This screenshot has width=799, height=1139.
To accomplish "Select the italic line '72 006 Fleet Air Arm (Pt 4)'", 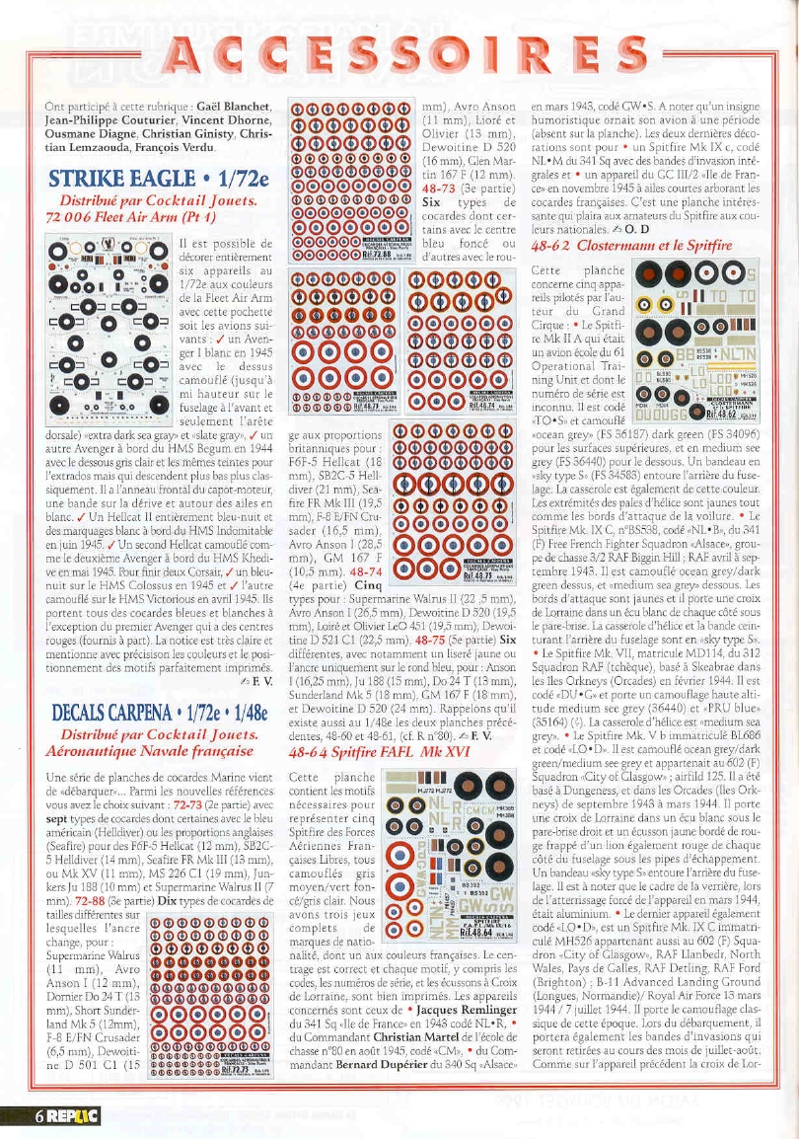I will (x=145, y=214).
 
